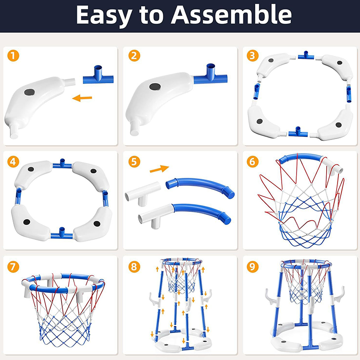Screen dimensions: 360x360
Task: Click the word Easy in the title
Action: [104, 16]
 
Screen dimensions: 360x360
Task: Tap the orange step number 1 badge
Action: [13, 55]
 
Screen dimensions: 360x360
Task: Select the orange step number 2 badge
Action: [134, 55]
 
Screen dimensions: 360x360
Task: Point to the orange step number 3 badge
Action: [252, 55]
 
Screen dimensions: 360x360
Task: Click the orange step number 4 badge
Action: [13, 162]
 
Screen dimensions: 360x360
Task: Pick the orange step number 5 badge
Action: [134, 162]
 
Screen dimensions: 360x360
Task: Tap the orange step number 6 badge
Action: [252, 162]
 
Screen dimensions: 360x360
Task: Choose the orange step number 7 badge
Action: [13, 267]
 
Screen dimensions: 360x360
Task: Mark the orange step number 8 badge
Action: [134, 267]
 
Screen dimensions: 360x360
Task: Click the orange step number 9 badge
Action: [252, 267]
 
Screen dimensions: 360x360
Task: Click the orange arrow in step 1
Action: [82, 98]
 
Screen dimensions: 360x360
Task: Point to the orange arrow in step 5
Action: [159, 169]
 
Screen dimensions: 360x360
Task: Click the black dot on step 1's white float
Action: [30, 92]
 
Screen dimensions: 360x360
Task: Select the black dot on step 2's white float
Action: [155, 87]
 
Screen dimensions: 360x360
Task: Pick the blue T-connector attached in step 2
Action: [211, 76]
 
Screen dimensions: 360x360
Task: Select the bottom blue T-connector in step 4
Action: [62, 234]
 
